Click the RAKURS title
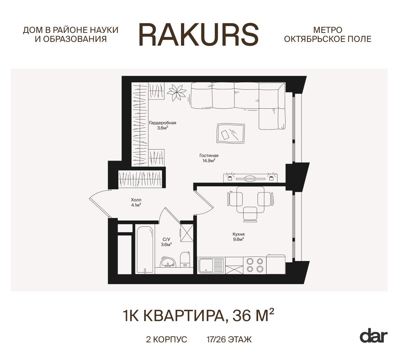(199, 35)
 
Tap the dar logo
(374, 336)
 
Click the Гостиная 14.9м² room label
(209, 158)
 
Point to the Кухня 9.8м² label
(238, 237)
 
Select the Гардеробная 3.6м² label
(162, 125)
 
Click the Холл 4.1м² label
(136, 202)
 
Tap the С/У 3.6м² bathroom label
(166, 242)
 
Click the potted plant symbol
(177, 92)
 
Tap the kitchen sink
(211, 265)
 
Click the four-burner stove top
(255, 265)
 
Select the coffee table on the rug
(231, 133)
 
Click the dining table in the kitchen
(250, 199)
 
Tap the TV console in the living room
(250, 178)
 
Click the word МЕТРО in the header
(328, 30)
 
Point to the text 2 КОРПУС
(166, 340)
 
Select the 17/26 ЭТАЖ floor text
(229, 340)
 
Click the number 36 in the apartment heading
(241, 316)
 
